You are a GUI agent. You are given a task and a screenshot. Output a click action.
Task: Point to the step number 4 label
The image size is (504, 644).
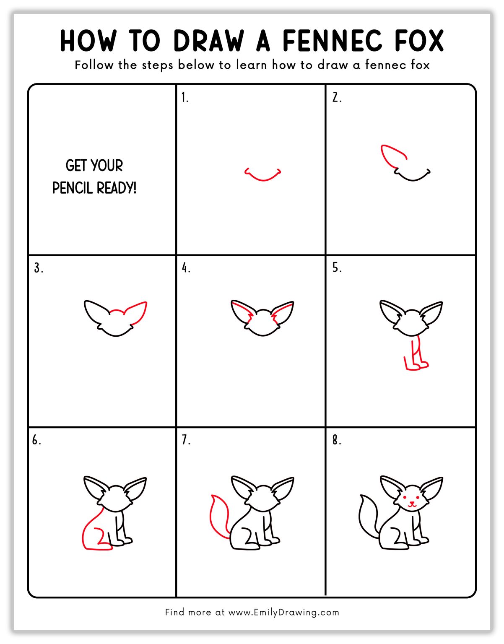click(x=186, y=268)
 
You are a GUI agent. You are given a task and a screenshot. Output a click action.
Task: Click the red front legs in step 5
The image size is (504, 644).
click(x=416, y=358)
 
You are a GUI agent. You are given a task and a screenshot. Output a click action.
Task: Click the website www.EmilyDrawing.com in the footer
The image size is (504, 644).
click(x=283, y=612)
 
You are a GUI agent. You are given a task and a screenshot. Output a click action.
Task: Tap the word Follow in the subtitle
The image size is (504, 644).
click(x=94, y=65)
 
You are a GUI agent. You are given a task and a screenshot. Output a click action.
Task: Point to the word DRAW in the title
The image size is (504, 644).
click(x=208, y=41)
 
